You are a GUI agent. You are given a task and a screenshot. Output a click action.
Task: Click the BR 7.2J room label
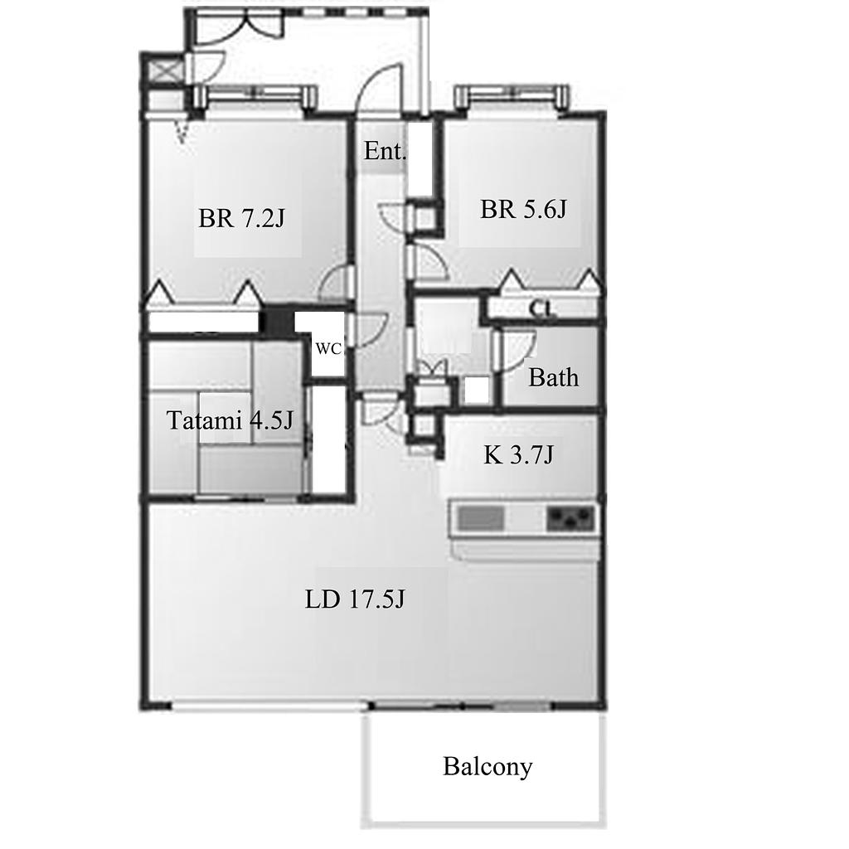coord(241,219)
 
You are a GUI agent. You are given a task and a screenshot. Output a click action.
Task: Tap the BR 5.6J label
coord(523,209)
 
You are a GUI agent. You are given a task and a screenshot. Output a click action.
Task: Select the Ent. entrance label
coord(385,151)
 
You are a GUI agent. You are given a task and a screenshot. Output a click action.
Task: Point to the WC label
coord(328,349)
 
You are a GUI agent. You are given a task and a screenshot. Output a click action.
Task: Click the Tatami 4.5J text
coord(230,420)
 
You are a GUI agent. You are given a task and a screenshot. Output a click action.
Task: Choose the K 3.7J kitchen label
coord(518,455)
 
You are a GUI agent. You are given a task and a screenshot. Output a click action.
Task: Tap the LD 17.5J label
coord(355,599)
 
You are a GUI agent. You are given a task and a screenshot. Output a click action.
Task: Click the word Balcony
coord(488,767)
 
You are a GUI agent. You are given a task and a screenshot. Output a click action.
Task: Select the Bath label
coord(553,377)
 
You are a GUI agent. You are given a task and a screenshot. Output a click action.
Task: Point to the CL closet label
coord(543,309)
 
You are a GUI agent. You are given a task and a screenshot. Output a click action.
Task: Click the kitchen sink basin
coord(482,518)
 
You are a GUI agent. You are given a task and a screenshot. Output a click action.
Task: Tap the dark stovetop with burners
coord(570,518)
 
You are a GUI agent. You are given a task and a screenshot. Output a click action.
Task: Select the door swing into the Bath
coord(514,349)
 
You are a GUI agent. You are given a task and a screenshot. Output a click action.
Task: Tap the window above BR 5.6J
coord(512,98)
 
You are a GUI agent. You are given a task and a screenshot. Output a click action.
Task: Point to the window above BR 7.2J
coord(255,97)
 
